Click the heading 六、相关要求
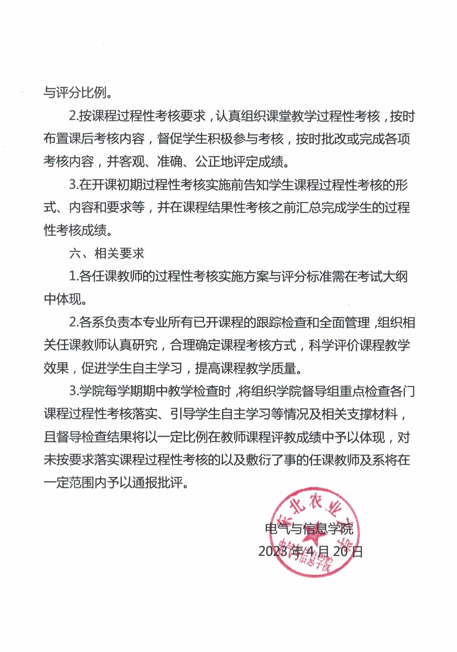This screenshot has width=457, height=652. (x=107, y=254)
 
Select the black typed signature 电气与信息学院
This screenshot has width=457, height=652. (x=309, y=529)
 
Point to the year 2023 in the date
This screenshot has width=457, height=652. (x=273, y=552)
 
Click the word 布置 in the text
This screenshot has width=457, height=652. (x=56, y=139)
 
